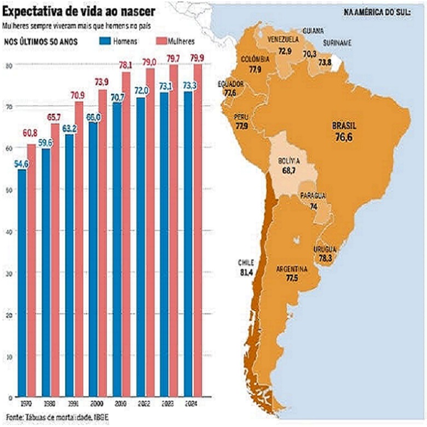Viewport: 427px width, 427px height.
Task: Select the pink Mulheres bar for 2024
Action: tap(198, 230)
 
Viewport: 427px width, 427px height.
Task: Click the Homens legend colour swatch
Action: tap(106, 41)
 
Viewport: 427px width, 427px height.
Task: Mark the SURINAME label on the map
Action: tap(337, 43)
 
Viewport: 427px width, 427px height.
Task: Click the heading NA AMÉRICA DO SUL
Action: tap(377, 11)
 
